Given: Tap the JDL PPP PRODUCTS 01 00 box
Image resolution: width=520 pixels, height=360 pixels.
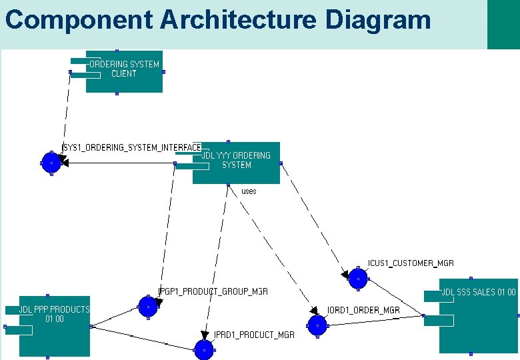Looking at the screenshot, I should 54,325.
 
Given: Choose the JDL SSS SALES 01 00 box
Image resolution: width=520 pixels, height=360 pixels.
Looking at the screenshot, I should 478,316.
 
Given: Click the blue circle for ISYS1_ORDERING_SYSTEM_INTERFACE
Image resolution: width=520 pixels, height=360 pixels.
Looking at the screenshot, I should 51,162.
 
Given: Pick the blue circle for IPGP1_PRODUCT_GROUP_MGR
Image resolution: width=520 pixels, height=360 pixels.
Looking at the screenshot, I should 148,307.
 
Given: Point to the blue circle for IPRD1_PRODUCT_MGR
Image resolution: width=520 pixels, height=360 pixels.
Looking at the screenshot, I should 203,349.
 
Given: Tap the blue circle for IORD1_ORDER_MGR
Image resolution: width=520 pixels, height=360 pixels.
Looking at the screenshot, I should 317,325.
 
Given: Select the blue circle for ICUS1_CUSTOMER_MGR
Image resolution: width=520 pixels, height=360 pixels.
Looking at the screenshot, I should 358,279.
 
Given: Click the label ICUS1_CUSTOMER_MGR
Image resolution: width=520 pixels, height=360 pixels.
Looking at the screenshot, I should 411,263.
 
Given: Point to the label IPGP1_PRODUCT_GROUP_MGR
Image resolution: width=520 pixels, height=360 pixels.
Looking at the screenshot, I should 213,291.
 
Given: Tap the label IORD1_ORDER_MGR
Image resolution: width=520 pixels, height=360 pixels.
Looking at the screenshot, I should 363,310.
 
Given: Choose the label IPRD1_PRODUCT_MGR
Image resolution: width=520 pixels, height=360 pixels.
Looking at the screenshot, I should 254,335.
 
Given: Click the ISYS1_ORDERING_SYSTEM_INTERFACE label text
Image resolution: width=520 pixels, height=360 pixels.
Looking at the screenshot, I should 132,147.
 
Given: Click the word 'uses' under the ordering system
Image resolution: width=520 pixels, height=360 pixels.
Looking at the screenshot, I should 249,191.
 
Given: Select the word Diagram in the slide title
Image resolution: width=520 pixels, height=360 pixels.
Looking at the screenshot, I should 378,19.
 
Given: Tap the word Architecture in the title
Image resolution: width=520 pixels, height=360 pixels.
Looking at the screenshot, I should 239,19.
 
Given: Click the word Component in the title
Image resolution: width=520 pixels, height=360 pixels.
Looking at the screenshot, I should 79,19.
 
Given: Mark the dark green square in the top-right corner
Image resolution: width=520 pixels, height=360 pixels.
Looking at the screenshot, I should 503,25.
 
